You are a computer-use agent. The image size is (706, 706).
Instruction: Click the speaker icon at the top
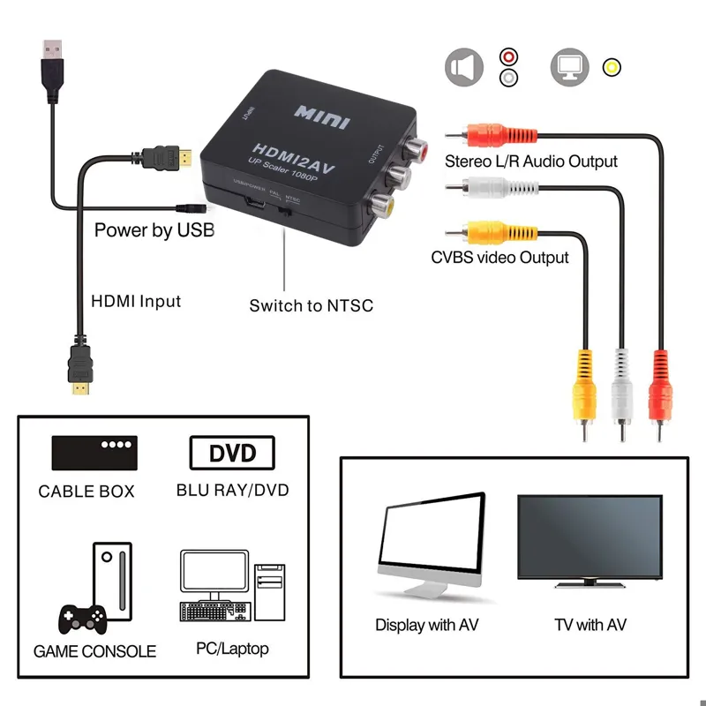click(x=464, y=67)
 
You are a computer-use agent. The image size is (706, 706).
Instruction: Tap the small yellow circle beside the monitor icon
click(x=611, y=67)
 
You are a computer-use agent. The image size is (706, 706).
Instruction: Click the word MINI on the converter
click(x=321, y=116)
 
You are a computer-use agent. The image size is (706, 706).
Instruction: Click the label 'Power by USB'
click(x=154, y=231)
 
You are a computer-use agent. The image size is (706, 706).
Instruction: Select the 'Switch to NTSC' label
click(x=311, y=306)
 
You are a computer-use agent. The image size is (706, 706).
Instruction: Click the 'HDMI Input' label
click(x=136, y=301)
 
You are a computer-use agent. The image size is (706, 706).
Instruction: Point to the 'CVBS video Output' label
click(x=499, y=258)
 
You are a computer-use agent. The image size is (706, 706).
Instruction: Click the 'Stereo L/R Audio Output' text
click(x=531, y=161)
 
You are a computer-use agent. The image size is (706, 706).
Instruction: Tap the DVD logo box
click(x=232, y=454)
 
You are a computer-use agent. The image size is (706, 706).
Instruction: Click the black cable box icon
click(x=93, y=454)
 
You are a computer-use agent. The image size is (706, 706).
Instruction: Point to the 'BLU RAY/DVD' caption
click(x=232, y=490)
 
